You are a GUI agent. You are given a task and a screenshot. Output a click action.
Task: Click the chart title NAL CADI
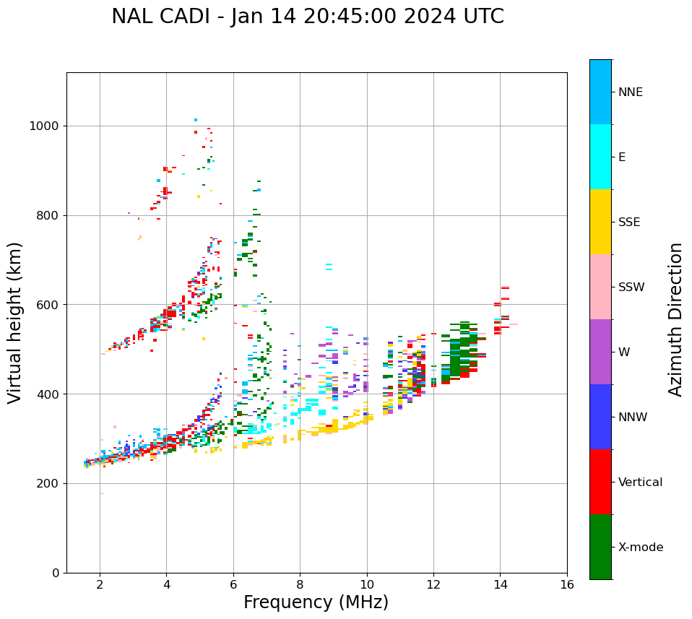tap(308, 17)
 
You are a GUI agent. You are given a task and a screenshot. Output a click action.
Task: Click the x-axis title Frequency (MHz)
tap(316, 602)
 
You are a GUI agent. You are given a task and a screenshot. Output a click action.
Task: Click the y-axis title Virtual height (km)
tap(15, 323)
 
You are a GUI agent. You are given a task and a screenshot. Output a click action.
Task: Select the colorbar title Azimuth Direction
tap(675, 319)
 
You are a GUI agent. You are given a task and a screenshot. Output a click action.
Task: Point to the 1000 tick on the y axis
tap(47, 126)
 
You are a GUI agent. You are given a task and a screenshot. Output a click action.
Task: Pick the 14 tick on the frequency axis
tap(500, 584)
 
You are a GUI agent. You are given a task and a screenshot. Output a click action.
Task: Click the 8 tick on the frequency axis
tap(300, 584)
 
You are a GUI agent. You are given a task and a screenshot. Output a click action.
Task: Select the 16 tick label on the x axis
tap(567, 584)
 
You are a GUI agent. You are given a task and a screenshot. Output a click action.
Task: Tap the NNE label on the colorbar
tap(630, 92)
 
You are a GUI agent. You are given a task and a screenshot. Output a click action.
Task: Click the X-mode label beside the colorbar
tap(640, 547)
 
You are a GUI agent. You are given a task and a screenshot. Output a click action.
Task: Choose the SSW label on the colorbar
tap(631, 287)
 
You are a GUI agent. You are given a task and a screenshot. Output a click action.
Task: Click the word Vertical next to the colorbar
tap(640, 482)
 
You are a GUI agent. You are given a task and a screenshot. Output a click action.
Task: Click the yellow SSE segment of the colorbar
tap(600, 222)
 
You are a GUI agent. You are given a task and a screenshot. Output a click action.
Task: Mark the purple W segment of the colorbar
tap(600, 352)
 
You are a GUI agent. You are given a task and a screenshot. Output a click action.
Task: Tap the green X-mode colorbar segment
tap(600, 547)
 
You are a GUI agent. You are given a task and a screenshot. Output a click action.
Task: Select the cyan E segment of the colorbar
tap(600, 157)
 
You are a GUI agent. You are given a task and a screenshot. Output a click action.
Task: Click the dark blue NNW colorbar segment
tap(600, 417)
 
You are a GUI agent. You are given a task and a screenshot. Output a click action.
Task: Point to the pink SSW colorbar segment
tap(600, 287)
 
